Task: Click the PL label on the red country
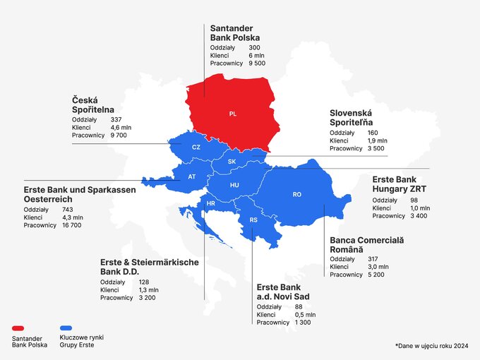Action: pyautogui.click(x=233, y=114)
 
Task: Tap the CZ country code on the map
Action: pyautogui.click(x=196, y=147)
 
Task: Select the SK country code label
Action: pyautogui.click(x=232, y=162)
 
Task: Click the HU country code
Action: pyautogui.click(x=234, y=185)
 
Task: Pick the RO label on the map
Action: pyautogui.click(x=297, y=194)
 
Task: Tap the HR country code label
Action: pyautogui.click(x=210, y=204)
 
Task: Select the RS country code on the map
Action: pyautogui.click(x=253, y=220)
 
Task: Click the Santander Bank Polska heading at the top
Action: pyautogui.click(x=234, y=32)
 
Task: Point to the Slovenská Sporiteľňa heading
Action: pyautogui.click(x=360, y=118)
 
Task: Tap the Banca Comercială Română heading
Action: pyautogui.click(x=366, y=245)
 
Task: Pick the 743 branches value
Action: pyautogui.click(x=68, y=210)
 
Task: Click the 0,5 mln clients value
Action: pyautogui.click(x=303, y=314)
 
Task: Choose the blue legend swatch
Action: pyautogui.click(x=68, y=329)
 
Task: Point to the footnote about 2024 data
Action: pyautogui.click(x=432, y=345)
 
